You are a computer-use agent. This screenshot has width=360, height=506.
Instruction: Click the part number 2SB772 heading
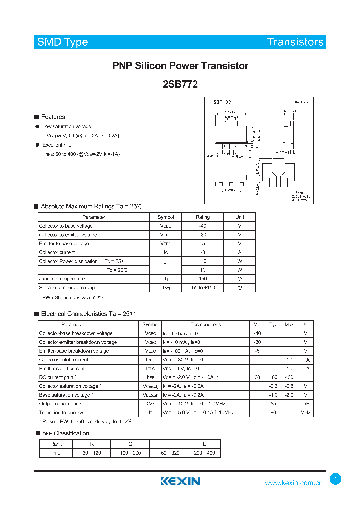click(x=180, y=84)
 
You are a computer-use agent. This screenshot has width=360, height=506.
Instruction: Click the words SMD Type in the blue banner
click(x=63, y=42)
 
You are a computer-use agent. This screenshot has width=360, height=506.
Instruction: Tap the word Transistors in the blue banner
click(x=295, y=42)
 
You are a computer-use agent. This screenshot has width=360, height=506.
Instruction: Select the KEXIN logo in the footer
click(x=180, y=481)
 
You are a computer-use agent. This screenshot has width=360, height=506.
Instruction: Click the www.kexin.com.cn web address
click(x=294, y=483)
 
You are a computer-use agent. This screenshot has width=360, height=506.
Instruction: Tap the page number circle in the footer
click(x=336, y=479)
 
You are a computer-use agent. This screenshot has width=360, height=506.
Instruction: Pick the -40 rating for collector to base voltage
click(x=203, y=226)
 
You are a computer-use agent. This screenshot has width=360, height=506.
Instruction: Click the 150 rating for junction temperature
click(x=203, y=279)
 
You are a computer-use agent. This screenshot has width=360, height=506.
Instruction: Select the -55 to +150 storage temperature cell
click(x=203, y=288)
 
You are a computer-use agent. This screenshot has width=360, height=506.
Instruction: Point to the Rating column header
click(x=203, y=217)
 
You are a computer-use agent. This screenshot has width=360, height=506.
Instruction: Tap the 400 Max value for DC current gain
click(x=289, y=377)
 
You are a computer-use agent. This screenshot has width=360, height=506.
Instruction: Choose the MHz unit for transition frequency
click(x=306, y=413)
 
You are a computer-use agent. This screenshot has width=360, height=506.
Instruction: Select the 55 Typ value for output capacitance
click(x=273, y=404)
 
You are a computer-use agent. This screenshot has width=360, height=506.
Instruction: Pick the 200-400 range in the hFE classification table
click(x=204, y=453)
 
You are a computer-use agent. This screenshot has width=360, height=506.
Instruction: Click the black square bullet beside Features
click(x=36, y=117)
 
